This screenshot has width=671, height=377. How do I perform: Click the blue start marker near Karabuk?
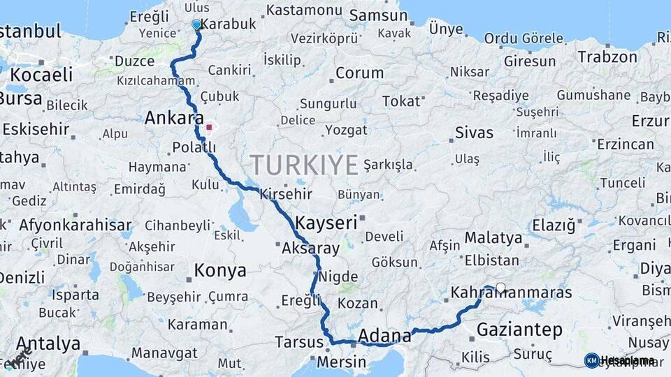pyautogui.click(x=196, y=25)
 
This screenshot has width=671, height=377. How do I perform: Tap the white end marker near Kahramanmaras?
pyautogui.click(x=500, y=287)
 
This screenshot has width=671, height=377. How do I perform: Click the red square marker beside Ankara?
pyautogui.click(x=209, y=128)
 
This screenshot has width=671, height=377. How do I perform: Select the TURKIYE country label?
pyautogui.click(x=304, y=165)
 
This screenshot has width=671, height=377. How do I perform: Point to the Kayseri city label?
pyautogui.click(x=326, y=223)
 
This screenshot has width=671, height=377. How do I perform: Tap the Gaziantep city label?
pyautogui.click(x=519, y=330)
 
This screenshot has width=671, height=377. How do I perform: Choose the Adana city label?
pyautogui.click(x=384, y=337)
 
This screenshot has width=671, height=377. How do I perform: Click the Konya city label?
pyautogui.click(x=220, y=270)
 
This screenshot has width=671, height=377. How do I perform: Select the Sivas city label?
pyautogui.click(x=474, y=132)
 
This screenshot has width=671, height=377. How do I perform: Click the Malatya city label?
pyautogui.click(x=493, y=238)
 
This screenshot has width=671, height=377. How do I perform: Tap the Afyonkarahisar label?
pyautogui.click(x=75, y=225)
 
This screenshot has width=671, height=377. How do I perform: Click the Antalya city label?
pyautogui.click(x=48, y=343)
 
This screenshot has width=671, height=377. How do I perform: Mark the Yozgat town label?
pyautogui.click(x=345, y=130)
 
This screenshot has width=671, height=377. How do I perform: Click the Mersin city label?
pyautogui.click(x=341, y=362)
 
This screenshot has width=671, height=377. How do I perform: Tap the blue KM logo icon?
pyautogui.click(x=591, y=360)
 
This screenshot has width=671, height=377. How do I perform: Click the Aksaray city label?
pyautogui.click(x=310, y=248)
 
